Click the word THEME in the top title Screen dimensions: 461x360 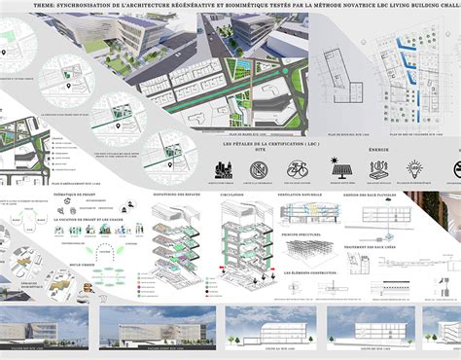click(x=45, y=7)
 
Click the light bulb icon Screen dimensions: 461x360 click(x=411, y=168)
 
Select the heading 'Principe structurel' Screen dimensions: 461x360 click(x=307, y=232)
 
